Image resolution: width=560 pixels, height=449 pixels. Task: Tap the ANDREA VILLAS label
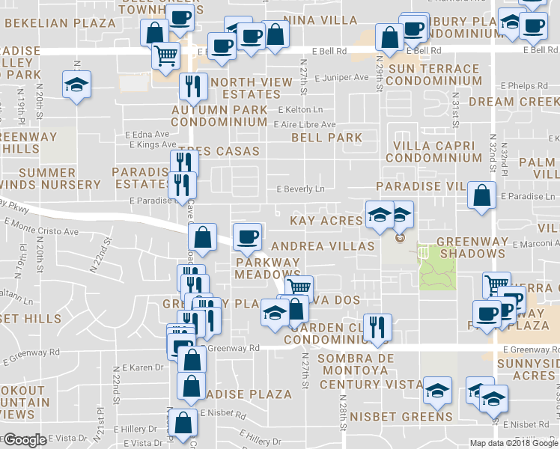322,245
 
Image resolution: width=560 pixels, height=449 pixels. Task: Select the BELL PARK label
326,138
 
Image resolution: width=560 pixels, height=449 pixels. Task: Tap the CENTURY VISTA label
371,384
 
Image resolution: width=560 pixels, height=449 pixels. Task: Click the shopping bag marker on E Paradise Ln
481,195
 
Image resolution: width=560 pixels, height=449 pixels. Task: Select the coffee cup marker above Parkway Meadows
246,237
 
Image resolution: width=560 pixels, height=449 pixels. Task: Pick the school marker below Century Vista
437,391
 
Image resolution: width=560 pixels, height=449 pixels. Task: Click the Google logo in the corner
25,440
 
